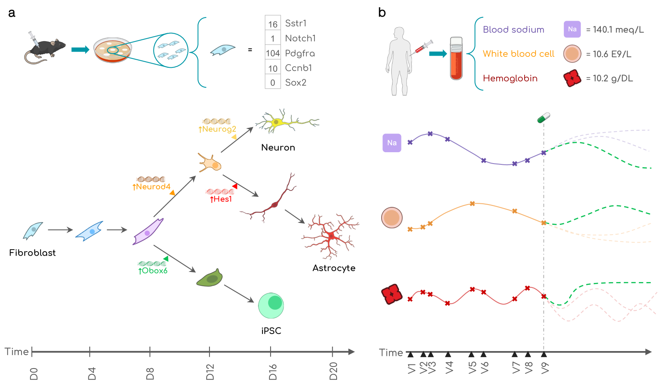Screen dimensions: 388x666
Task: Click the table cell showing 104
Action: click(273, 53)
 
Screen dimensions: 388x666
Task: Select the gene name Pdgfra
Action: click(300, 53)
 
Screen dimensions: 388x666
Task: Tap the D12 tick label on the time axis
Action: click(210, 372)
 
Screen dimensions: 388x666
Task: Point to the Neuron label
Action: click(278, 147)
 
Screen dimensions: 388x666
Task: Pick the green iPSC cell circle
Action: click(271, 306)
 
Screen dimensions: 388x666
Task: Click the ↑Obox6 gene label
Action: click(153, 271)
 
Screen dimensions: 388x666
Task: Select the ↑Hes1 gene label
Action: click(221, 199)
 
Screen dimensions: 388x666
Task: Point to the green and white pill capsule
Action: click(544, 118)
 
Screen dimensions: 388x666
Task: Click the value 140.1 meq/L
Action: click(615, 30)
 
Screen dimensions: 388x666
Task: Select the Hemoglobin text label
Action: click(510, 78)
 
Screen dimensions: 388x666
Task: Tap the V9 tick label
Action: click(545, 368)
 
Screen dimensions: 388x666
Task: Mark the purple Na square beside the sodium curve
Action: click(392, 143)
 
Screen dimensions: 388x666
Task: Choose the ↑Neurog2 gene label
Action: click(217, 129)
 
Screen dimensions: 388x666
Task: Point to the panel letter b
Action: click(382, 13)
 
